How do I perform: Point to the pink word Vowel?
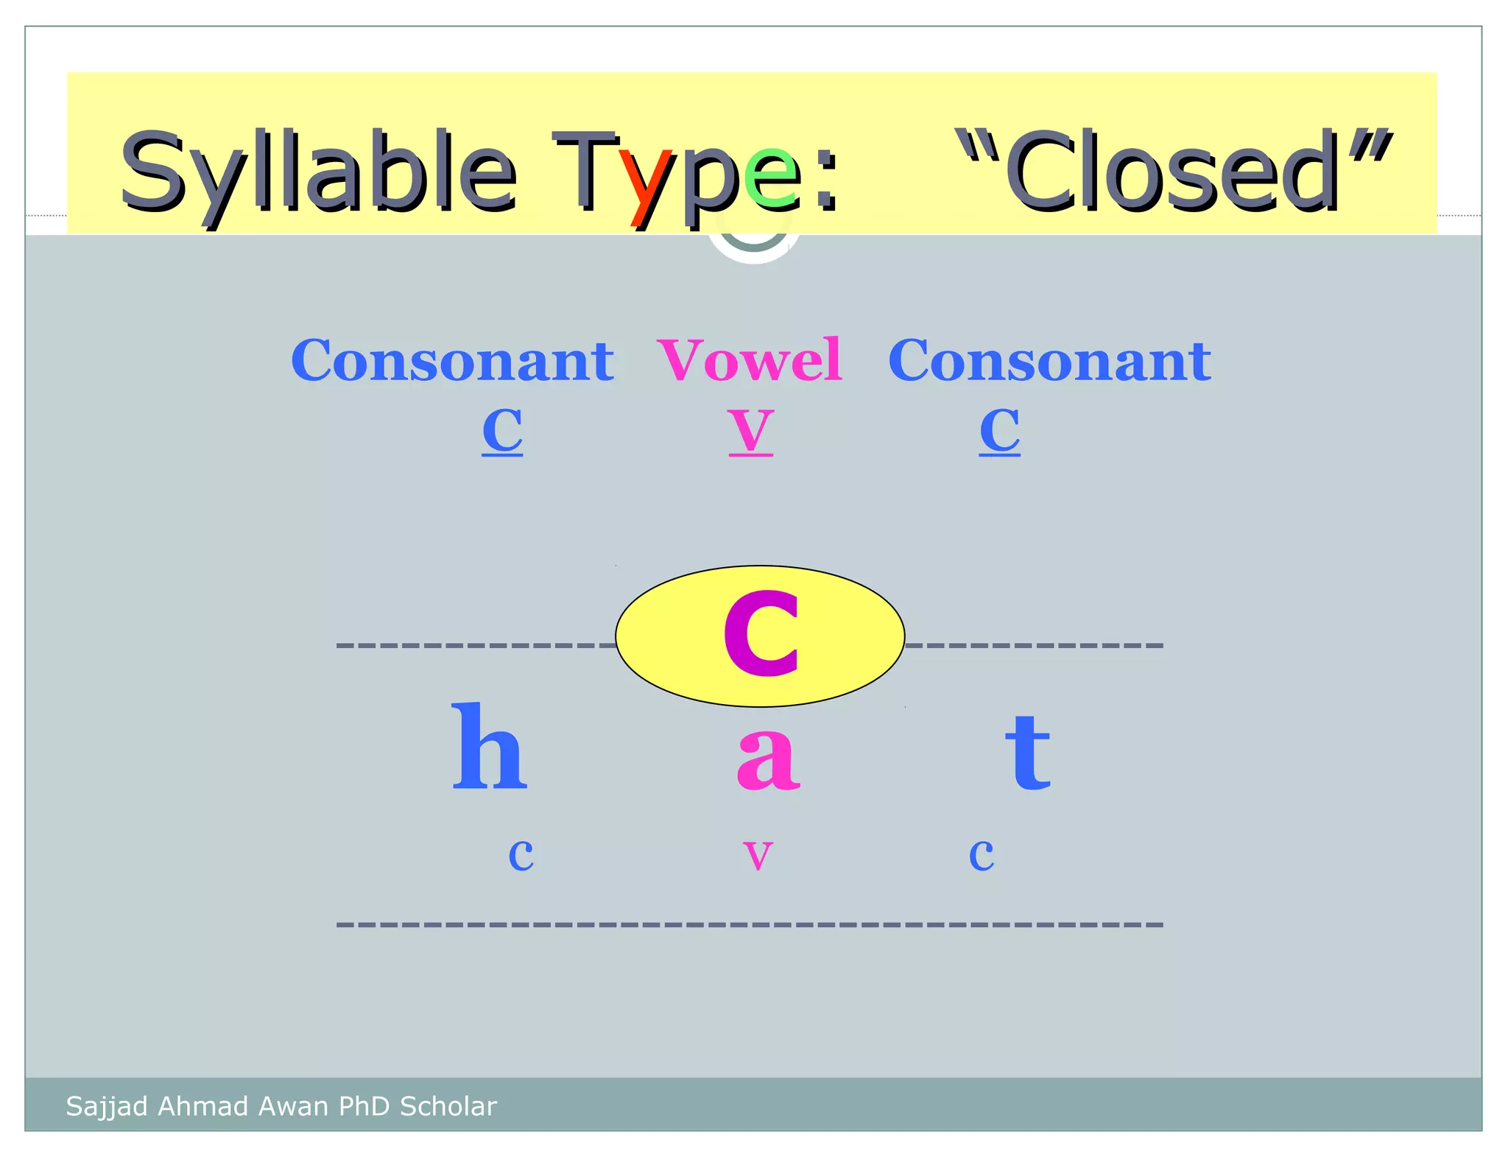point(750,360)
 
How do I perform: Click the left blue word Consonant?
point(452,360)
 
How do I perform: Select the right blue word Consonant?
point(1049,360)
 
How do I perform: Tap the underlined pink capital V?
point(750,431)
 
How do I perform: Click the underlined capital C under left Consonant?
point(502,431)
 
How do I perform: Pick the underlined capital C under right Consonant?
point(999,431)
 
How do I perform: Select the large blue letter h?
point(489,748)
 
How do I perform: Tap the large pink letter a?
point(767,759)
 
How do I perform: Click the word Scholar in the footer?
point(448,1106)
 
